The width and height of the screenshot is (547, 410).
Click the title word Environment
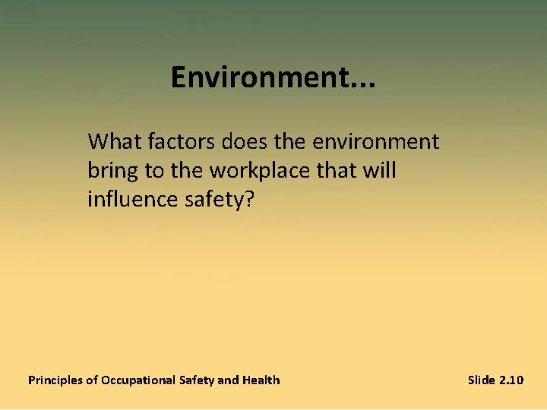tap(258, 77)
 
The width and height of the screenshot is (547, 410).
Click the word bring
tap(113, 172)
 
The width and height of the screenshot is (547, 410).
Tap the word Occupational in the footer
tap(132, 380)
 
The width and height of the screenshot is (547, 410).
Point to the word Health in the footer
tap(261, 380)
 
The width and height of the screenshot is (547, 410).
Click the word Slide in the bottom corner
tap(482, 380)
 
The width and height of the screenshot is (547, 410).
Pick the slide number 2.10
tap(512, 380)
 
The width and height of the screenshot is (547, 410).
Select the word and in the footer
tap(228, 380)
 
